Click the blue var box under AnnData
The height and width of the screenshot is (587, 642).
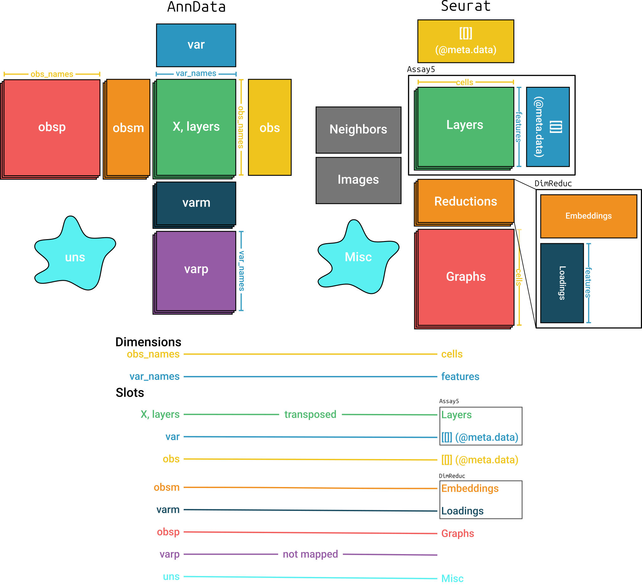point(196,45)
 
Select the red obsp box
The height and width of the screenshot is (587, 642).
point(52,127)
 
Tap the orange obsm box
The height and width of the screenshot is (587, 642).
point(128,128)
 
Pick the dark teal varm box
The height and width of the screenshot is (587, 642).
point(196,203)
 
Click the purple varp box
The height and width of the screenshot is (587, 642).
point(196,270)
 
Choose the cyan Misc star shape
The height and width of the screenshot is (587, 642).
point(358,257)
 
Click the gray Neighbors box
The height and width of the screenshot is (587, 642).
point(358,130)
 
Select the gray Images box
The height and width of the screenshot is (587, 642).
point(358,180)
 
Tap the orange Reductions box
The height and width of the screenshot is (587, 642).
point(466,201)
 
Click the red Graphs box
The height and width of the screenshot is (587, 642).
point(466,277)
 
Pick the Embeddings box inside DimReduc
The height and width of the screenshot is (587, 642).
point(588,216)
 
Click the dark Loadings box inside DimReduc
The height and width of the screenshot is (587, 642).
point(562,283)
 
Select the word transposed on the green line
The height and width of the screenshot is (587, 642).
point(310,414)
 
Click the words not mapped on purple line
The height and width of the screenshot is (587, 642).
point(310,554)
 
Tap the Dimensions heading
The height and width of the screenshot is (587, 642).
point(148,342)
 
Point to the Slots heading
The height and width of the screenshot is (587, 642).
point(129,392)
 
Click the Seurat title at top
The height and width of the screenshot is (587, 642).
point(466,6)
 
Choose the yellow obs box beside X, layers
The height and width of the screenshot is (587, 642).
point(269,128)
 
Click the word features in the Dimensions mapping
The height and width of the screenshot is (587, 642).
point(460,377)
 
